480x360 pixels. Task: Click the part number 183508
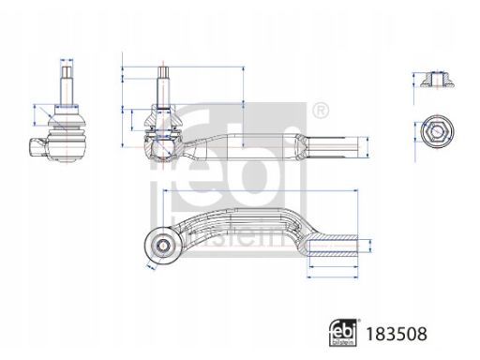(x=396, y=334)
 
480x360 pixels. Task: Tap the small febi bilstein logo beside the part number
(x=343, y=333)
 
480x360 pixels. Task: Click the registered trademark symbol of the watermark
(x=321, y=111)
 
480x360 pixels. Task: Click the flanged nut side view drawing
(x=437, y=80)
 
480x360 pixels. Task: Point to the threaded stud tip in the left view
(x=67, y=72)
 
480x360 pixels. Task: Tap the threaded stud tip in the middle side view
(x=164, y=72)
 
